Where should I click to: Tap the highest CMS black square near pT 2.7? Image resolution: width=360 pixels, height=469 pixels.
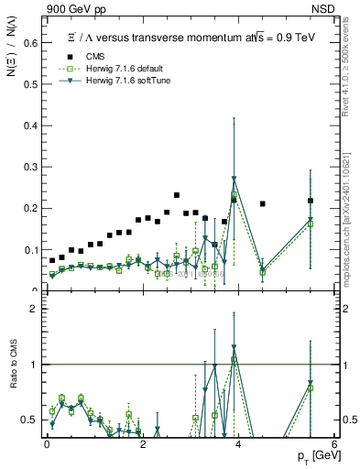(176, 195)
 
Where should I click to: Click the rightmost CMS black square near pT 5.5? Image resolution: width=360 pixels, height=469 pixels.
(311, 201)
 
